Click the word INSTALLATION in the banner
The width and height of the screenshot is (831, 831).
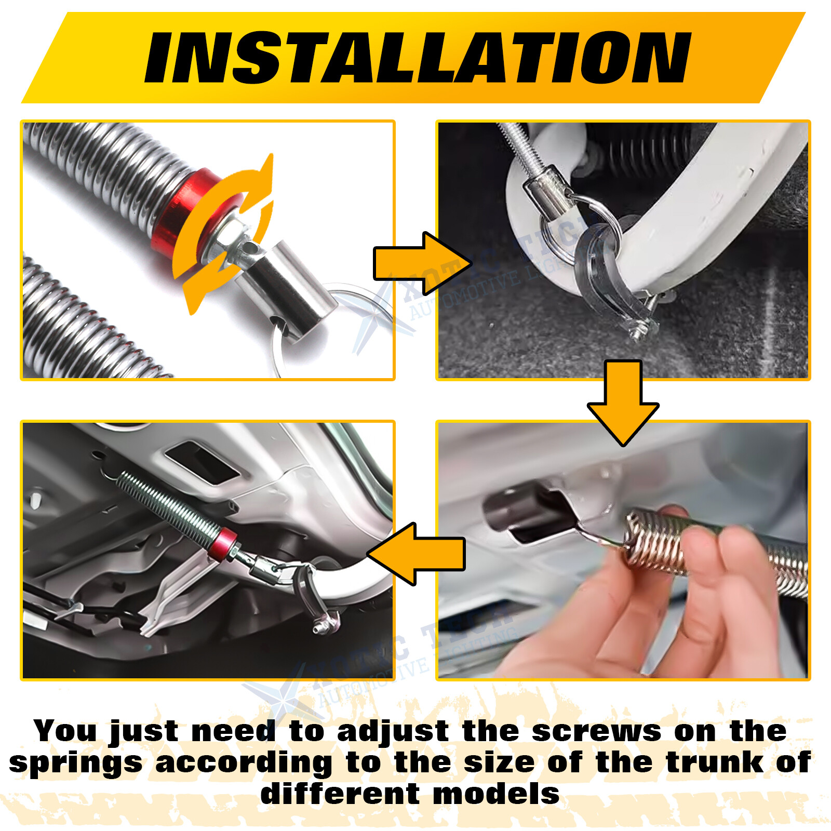coord(418,57)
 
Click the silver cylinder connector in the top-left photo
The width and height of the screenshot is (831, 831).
coord(291,286)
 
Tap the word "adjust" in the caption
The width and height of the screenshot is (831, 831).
coord(393,731)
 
